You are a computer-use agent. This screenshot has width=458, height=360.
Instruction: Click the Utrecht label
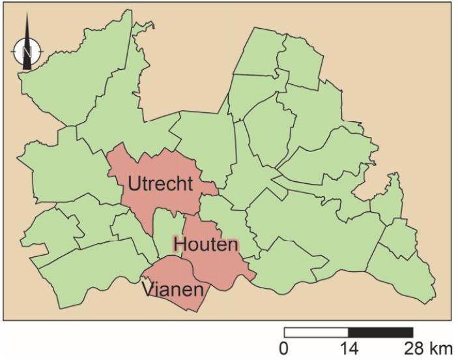click(x=160, y=184)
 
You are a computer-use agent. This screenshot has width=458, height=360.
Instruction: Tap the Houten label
click(x=205, y=245)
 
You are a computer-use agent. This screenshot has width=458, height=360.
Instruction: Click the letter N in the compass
click(x=27, y=50)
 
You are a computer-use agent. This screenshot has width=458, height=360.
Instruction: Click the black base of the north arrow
click(x=27, y=65)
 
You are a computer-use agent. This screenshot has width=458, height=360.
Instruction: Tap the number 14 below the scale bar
click(x=349, y=348)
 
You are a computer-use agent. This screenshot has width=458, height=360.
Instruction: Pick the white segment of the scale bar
click(x=317, y=332)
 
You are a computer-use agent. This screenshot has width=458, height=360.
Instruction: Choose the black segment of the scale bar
click(x=381, y=332)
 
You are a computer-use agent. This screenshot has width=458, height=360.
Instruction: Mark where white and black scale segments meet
click(x=349, y=332)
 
